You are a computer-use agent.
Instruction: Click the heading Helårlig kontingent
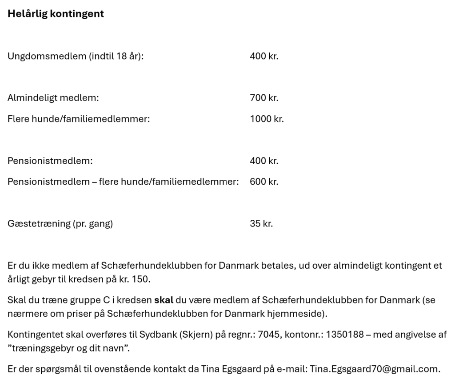56,14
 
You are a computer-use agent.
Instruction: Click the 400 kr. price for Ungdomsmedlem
264,57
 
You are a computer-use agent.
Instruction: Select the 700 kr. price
264,98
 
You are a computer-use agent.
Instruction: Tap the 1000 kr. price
267,119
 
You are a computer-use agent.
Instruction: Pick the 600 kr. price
264,182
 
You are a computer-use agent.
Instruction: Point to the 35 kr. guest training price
261,223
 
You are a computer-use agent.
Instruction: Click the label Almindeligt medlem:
53,98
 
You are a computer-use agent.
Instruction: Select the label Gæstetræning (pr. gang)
60,224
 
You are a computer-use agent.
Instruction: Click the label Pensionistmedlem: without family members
50,161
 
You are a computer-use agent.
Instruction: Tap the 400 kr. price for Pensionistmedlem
264,161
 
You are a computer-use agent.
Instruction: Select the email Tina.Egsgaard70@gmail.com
375,369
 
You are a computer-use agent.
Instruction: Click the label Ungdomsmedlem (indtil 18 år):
76,57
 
